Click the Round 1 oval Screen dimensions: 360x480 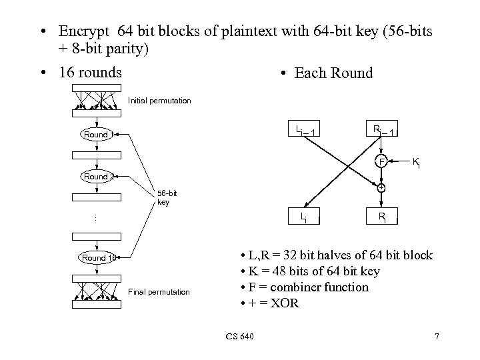click(x=97, y=135)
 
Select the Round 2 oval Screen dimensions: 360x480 click(x=97, y=177)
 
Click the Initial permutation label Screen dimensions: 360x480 click(x=159, y=101)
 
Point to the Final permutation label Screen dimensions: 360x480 click(x=159, y=291)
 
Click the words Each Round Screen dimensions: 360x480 click(x=333, y=73)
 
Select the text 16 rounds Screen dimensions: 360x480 click(x=90, y=72)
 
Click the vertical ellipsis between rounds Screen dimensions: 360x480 click(x=95, y=217)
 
